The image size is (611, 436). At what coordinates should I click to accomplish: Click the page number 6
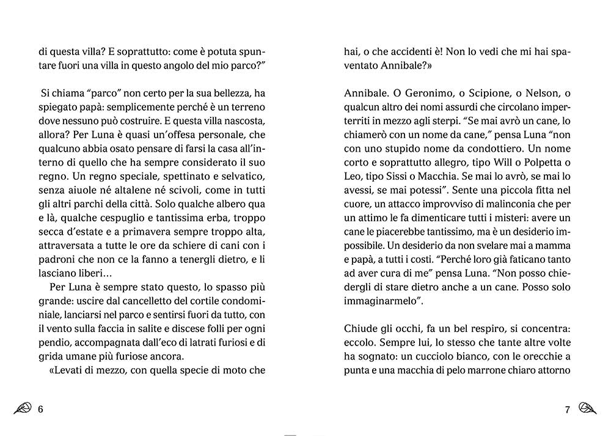(x=40, y=409)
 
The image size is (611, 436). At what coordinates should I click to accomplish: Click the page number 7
(x=567, y=409)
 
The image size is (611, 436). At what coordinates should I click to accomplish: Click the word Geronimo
(x=419, y=92)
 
